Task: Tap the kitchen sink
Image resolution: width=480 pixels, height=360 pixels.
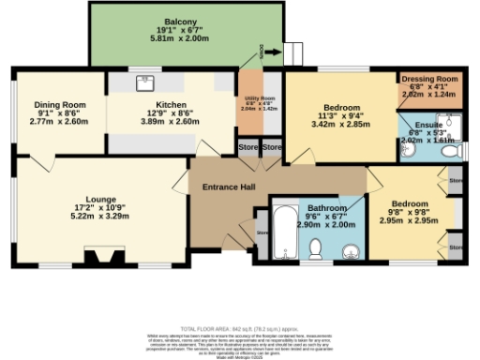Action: point(147,82)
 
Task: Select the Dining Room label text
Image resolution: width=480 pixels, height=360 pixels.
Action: point(60,104)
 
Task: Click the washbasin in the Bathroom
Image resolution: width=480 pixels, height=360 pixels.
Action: point(352,250)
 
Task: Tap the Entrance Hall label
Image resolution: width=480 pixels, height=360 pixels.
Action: point(230,187)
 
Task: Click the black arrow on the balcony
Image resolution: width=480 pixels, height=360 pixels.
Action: point(269,54)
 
